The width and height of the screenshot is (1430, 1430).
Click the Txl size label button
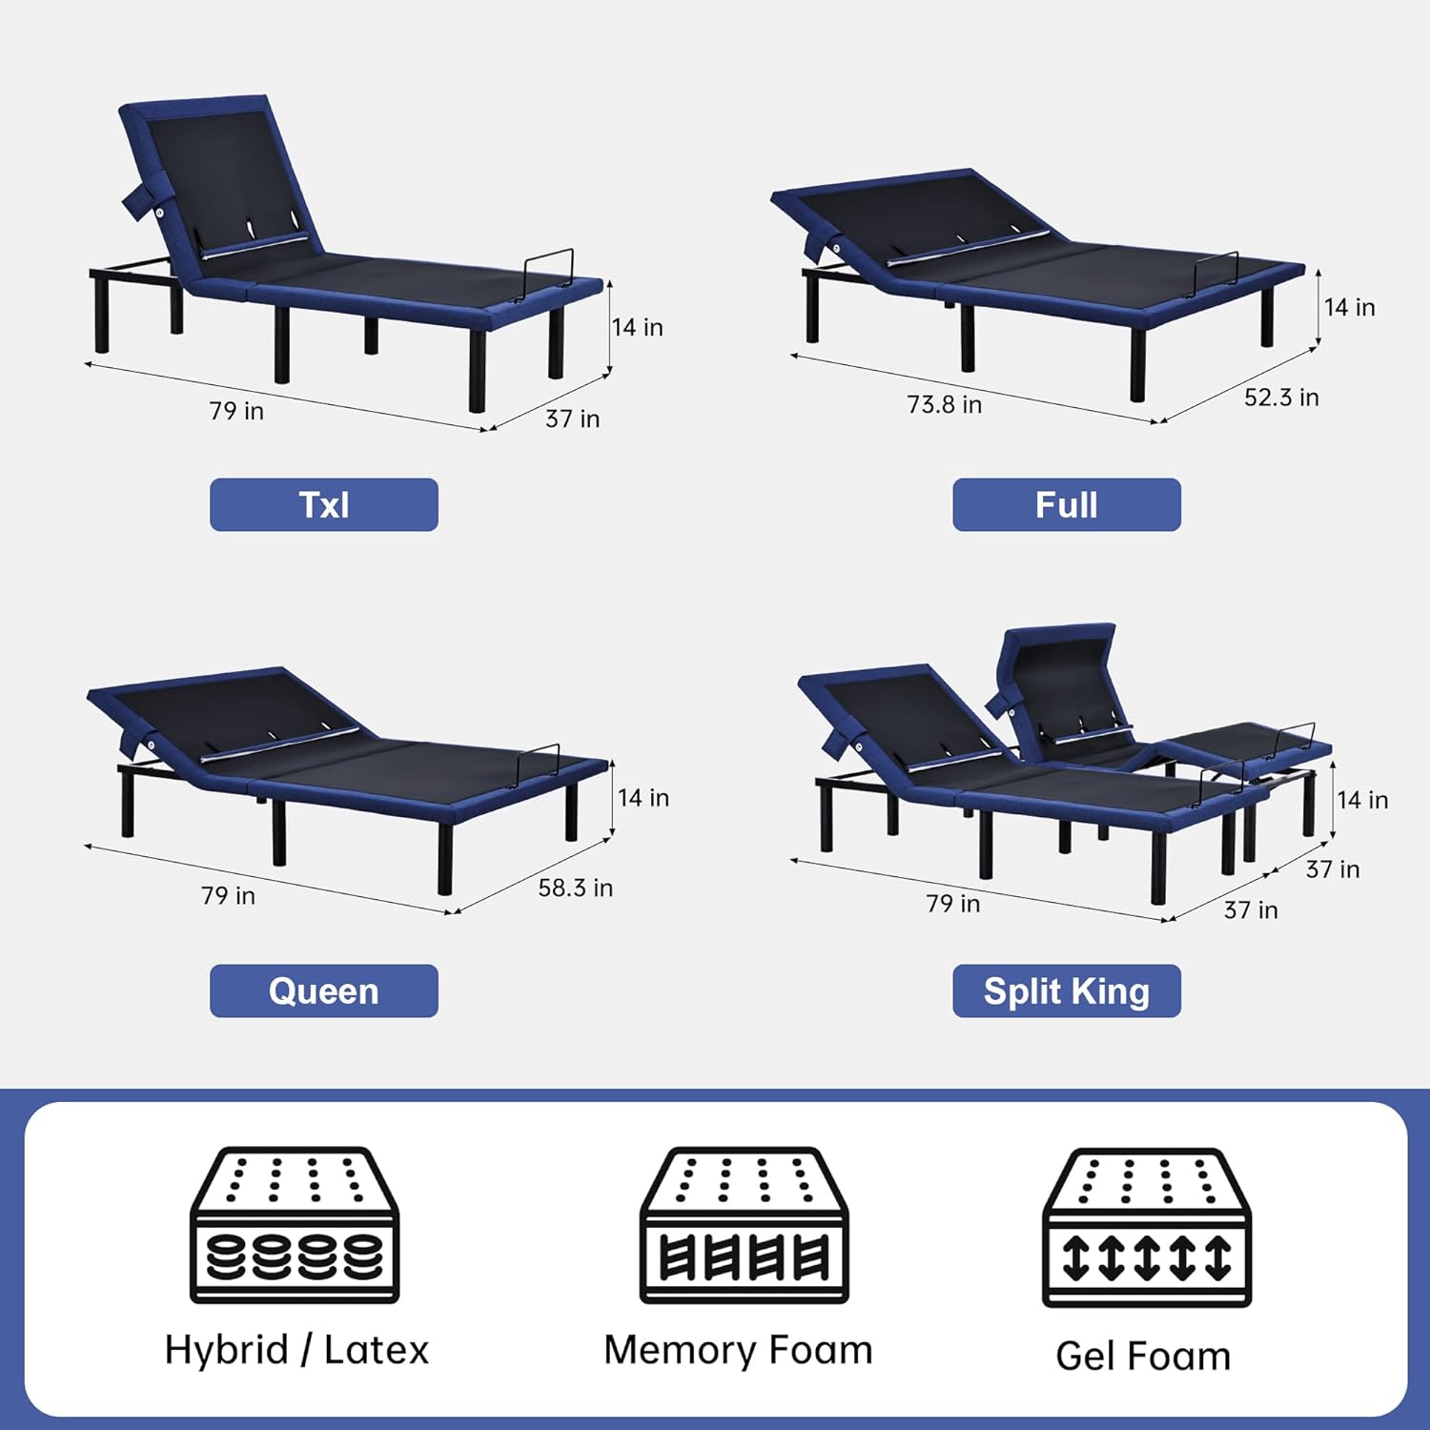tap(324, 504)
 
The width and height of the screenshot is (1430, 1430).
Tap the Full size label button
tap(1067, 504)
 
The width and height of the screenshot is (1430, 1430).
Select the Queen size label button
tap(324, 991)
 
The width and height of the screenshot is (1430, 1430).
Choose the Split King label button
tap(1067, 991)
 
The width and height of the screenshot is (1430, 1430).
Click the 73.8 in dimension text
tap(944, 404)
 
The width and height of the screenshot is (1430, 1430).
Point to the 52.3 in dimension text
tap(1281, 398)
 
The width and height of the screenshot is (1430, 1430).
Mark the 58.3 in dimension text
tap(575, 888)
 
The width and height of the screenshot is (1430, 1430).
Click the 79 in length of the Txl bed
tap(236, 411)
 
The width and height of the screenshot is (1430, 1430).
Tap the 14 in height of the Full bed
tap(1349, 307)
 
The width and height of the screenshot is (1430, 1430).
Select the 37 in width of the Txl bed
tap(572, 419)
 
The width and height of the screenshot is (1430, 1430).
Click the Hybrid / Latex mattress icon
tap(295, 1225)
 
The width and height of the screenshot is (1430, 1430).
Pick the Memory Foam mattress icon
tap(744, 1225)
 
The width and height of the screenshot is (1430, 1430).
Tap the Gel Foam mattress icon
tap(1146, 1227)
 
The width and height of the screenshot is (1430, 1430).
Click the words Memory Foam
tap(738, 1350)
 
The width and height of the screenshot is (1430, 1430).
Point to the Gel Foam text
tap(1143, 1356)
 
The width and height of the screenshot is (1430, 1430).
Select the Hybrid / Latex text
tap(296, 1350)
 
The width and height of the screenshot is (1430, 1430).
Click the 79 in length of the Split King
tap(952, 903)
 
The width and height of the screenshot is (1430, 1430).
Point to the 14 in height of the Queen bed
tap(643, 797)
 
